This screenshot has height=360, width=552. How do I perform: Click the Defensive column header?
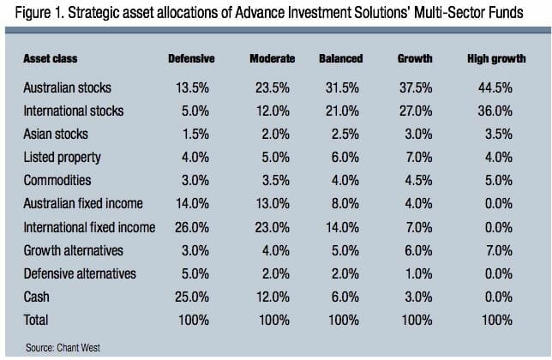pos(190,58)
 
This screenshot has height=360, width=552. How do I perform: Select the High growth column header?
pos(496,58)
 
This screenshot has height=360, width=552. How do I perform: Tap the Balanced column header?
pos(340,58)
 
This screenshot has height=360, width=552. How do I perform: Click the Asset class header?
pos(51,58)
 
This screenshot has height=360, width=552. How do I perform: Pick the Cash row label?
pos(39,297)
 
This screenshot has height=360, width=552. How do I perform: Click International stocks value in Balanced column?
pos(341,111)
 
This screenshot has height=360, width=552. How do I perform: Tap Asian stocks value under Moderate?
pos(273,134)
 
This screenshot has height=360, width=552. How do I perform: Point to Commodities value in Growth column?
pos(416,181)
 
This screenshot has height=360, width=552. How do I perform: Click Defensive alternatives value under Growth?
pos(416,273)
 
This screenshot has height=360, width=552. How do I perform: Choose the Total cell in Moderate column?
pos(273,320)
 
